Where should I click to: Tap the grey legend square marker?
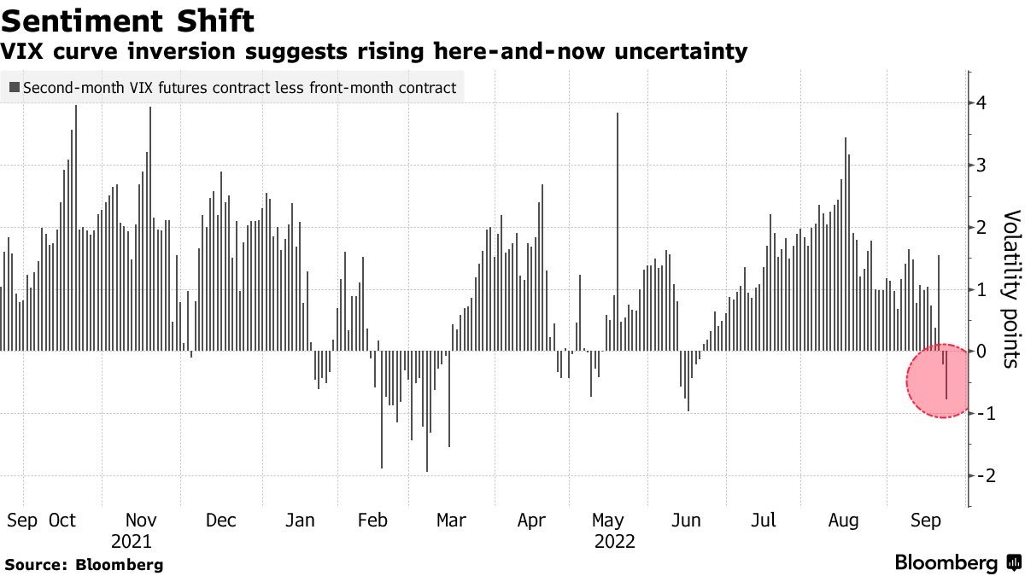pos(14,87)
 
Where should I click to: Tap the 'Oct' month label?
pos(62,521)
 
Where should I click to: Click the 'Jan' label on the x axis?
pos(300,521)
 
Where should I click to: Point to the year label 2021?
pos(132,541)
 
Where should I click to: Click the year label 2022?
pos(614,541)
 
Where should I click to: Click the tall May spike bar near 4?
pos(618,230)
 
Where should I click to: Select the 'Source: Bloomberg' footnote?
pos(84,564)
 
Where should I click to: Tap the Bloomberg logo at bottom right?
pos(957,563)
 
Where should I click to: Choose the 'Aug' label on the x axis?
pos(843,521)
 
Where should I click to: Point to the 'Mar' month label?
pos(450,521)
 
